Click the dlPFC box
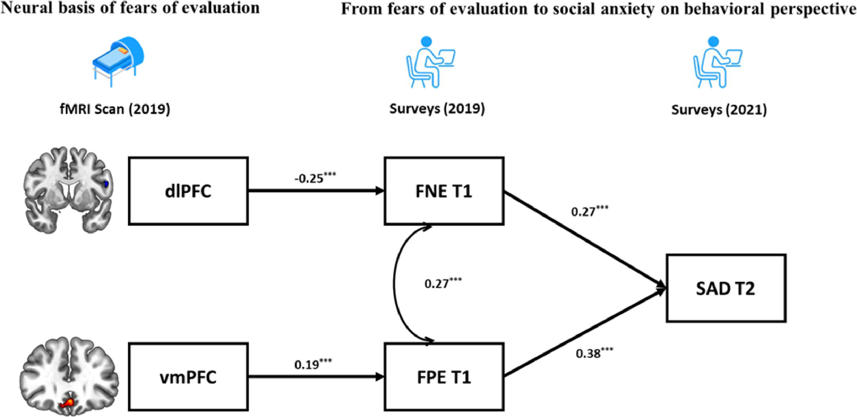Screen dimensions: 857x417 [x=188, y=191]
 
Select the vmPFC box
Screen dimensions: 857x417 [x=188, y=377]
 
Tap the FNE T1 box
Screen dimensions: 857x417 [x=444, y=191]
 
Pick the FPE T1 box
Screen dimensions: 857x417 [x=444, y=377]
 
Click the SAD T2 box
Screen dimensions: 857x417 [x=726, y=288]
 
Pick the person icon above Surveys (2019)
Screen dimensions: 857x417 [x=431, y=62]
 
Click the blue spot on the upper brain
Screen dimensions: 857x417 [x=106, y=184]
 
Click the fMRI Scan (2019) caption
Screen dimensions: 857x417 [x=115, y=109]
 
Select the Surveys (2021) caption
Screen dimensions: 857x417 [x=719, y=110]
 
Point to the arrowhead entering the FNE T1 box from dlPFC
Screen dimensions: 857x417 [x=380, y=191]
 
